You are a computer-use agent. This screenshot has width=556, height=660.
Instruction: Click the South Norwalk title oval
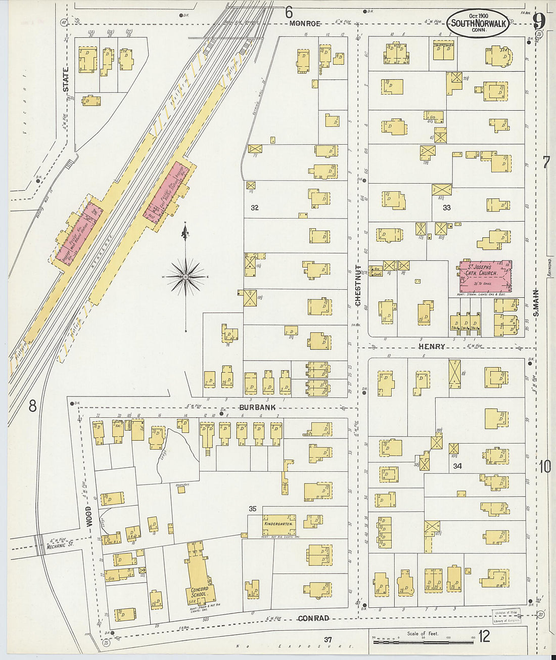[x=478, y=24]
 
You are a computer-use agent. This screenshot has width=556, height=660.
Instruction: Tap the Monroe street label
[x=305, y=24]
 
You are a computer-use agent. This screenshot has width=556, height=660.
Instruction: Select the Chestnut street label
[x=358, y=286]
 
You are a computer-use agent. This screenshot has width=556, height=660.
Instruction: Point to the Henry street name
[x=432, y=346]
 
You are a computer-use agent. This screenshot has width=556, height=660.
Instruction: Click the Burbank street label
[x=257, y=407]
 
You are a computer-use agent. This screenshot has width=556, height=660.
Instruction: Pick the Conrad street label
[x=313, y=618]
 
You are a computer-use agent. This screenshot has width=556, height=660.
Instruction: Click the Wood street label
[x=89, y=516]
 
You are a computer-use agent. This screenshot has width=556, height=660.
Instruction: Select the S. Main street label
[x=536, y=302]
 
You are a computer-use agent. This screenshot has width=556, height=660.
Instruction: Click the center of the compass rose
[x=186, y=277]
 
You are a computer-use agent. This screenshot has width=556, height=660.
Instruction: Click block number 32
[x=255, y=207]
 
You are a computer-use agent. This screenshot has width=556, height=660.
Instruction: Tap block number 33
[x=446, y=207]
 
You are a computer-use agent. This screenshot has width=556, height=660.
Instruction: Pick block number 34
[x=457, y=465]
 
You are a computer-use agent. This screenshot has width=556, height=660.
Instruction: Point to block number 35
[x=253, y=509]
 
